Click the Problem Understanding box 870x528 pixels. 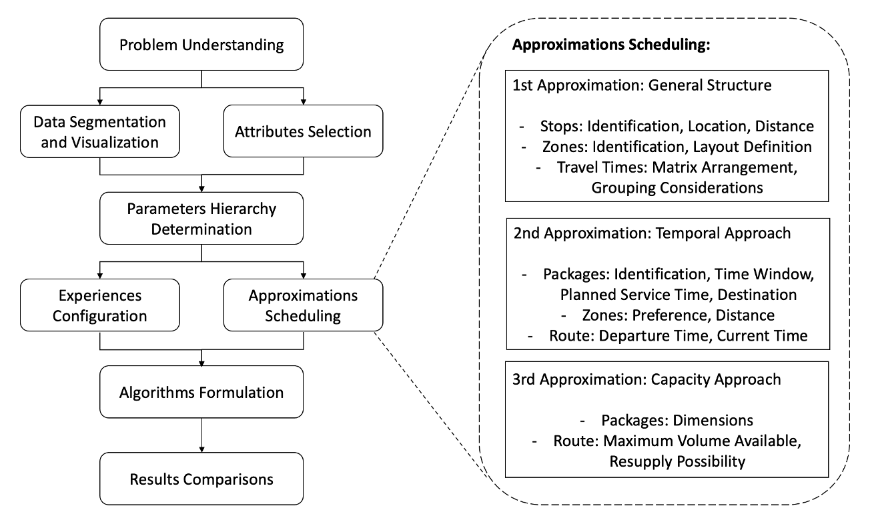201,44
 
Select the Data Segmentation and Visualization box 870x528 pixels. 100,131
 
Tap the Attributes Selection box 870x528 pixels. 303,131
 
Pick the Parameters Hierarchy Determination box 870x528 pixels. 201,219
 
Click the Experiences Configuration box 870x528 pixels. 100,305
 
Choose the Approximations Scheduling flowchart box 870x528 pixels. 303,305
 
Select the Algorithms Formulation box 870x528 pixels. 201,392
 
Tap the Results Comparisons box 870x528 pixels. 201,479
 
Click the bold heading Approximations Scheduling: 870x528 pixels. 611,45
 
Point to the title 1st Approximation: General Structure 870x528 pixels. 642,85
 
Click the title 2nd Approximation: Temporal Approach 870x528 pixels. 652,233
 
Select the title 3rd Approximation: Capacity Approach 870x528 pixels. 646,379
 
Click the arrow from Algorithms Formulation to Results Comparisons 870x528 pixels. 201,435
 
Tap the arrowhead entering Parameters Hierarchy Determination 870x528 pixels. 201,189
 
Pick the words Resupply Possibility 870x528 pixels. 677,461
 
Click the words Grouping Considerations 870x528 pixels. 677,188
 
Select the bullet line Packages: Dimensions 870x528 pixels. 667,421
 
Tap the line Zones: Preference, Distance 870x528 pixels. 668,315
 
